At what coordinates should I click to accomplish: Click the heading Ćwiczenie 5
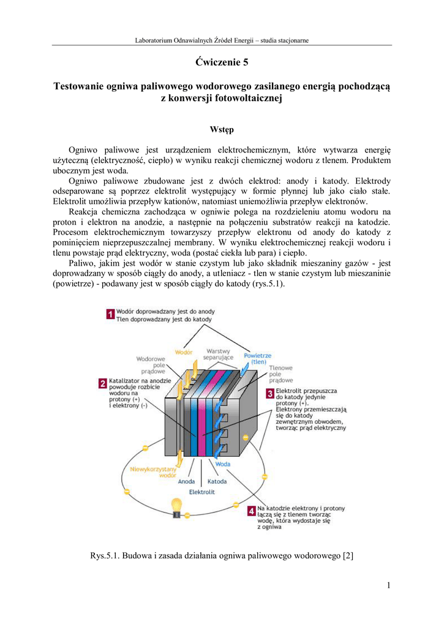(x=222, y=62)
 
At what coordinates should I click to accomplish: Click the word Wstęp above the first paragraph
(x=221, y=129)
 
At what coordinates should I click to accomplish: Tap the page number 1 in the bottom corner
(x=388, y=585)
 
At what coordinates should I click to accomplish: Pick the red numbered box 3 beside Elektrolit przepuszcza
(x=269, y=394)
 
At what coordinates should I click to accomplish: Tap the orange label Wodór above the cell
(x=184, y=351)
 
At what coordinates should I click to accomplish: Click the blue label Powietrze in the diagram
(x=257, y=355)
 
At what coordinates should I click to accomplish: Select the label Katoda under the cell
(x=217, y=481)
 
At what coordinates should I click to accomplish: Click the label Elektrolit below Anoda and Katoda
(x=201, y=492)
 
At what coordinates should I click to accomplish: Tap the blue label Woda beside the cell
(x=223, y=464)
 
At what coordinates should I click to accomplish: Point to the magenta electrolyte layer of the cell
(x=201, y=422)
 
